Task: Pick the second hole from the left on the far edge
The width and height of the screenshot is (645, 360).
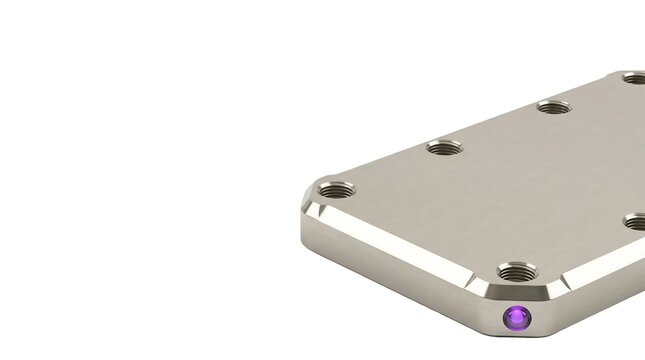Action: coord(444,147)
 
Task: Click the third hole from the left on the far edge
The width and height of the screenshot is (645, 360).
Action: coord(553,106)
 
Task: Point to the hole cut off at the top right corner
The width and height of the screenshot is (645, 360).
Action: coord(633,77)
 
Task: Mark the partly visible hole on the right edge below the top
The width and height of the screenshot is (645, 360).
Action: coord(636,221)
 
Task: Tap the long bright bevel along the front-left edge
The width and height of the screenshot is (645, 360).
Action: coord(400,246)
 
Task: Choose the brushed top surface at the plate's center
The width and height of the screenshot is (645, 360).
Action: coord(500,190)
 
